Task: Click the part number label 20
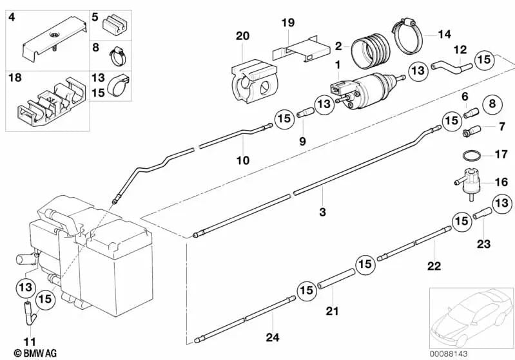[x=242, y=36]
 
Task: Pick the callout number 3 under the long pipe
[x=323, y=212]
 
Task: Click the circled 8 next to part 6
[x=491, y=103]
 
